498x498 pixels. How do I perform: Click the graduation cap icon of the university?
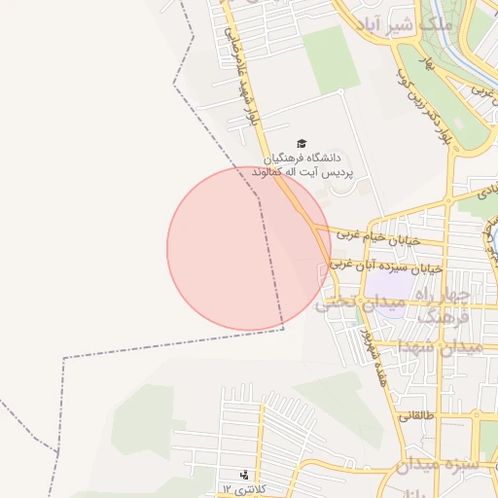point(301,144)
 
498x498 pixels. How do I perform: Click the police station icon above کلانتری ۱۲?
point(243,476)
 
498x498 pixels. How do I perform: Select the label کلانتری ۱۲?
point(243,487)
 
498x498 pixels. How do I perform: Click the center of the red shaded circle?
point(249,248)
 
